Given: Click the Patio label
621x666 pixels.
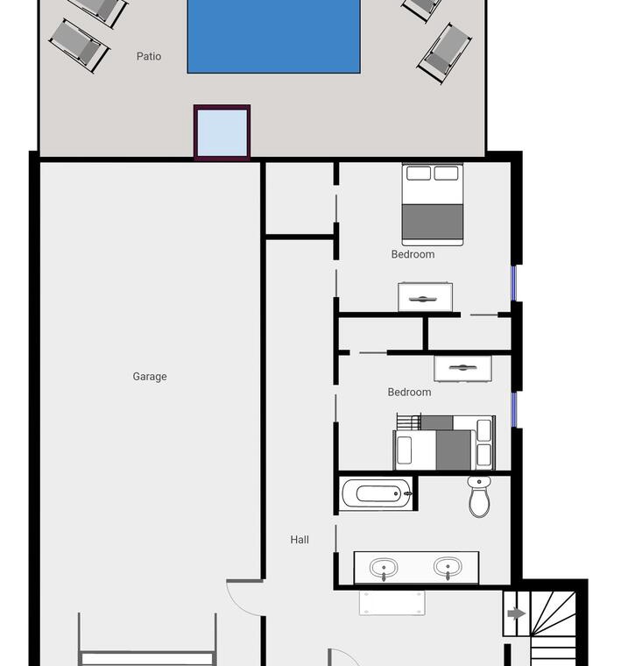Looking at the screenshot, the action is pyautogui.click(x=149, y=56).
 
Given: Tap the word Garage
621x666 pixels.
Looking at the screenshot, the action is pyautogui.click(x=150, y=376).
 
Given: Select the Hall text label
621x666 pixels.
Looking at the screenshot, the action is pyautogui.click(x=300, y=540).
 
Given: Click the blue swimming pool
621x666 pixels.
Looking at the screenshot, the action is pyautogui.click(x=274, y=36).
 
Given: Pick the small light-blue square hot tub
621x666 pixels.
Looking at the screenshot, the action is pyautogui.click(x=222, y=132).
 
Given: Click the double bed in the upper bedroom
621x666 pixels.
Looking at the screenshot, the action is pyautogui.click(x=432, y=205).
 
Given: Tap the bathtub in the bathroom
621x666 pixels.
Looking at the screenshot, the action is pyautogui.click(x=377, y=493).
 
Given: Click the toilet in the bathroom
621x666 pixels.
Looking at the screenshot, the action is pyautogui.click(x=479, y=497).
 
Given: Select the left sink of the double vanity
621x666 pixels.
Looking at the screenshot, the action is pyautogui.click(x=384, y=568).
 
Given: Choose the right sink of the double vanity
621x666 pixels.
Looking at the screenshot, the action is pyautogui.click(x=448, y=567).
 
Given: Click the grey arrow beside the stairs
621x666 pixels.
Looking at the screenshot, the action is pyautogui.click(x=516, y=613).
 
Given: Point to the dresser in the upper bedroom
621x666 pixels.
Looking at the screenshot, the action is pyautogui.click(x=425, y=296).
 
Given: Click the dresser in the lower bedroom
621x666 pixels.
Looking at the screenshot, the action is pyautogui.click(x=462, y=368).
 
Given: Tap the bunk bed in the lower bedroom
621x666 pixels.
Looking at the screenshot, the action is pyautogui.click(x=444, y=443).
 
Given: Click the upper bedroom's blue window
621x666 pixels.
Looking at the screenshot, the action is pyautogui.click(x=513, y=283).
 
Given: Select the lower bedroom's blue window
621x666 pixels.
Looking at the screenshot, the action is pyautogui.click(x=514, y=409).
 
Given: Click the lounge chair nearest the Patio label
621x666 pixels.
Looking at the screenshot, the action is pyautogui.click(x=80, y=46).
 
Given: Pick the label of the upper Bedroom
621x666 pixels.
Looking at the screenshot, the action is pyautogui.click(x=413, y=254).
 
